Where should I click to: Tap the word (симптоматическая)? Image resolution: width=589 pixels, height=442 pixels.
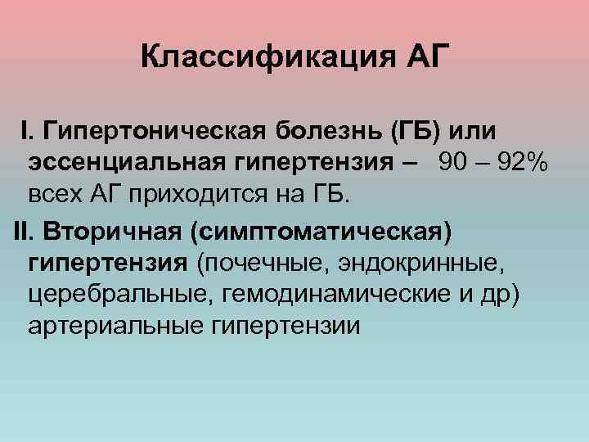(x=320, y=231)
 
